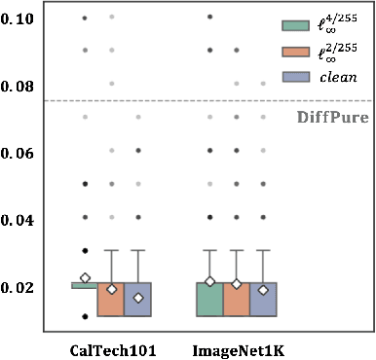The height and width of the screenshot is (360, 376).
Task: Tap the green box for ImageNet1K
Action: [x=209, y=300]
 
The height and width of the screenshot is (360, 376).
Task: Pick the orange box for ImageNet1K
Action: [x=237, y=300]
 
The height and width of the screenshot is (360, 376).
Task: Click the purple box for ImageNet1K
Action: [x=263, y=300]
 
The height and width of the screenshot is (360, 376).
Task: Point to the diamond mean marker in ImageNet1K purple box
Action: [x=263, y=289]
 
